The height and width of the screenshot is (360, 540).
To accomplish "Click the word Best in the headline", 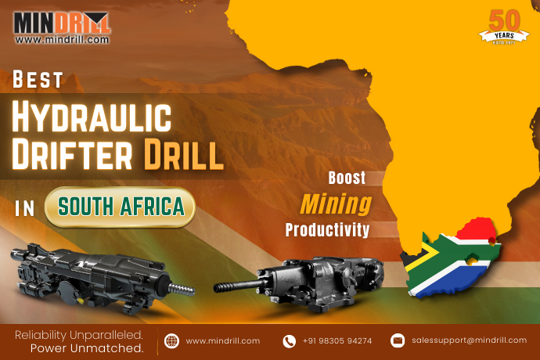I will coord(38,80).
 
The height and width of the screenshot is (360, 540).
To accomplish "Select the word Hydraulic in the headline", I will coord(92,118).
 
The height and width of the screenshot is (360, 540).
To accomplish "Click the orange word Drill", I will coord(183,155).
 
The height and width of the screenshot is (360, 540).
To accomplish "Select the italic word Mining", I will coord(337,204).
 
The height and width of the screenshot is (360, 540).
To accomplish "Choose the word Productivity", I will coord(327,230).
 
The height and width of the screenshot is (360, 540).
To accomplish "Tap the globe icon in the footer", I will coord(172,340).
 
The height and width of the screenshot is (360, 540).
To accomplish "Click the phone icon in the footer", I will coord(290,340).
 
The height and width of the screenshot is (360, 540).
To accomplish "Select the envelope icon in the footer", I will coord(398,340).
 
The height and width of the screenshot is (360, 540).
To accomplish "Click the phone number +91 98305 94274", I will coord(337,340).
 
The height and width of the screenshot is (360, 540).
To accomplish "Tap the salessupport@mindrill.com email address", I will coord(470,340).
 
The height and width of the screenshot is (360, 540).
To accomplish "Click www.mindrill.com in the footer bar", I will coord(223,340).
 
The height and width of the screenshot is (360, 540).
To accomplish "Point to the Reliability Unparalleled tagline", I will coord(78,335).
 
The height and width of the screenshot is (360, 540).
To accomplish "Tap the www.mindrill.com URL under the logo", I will coord(62,39).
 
